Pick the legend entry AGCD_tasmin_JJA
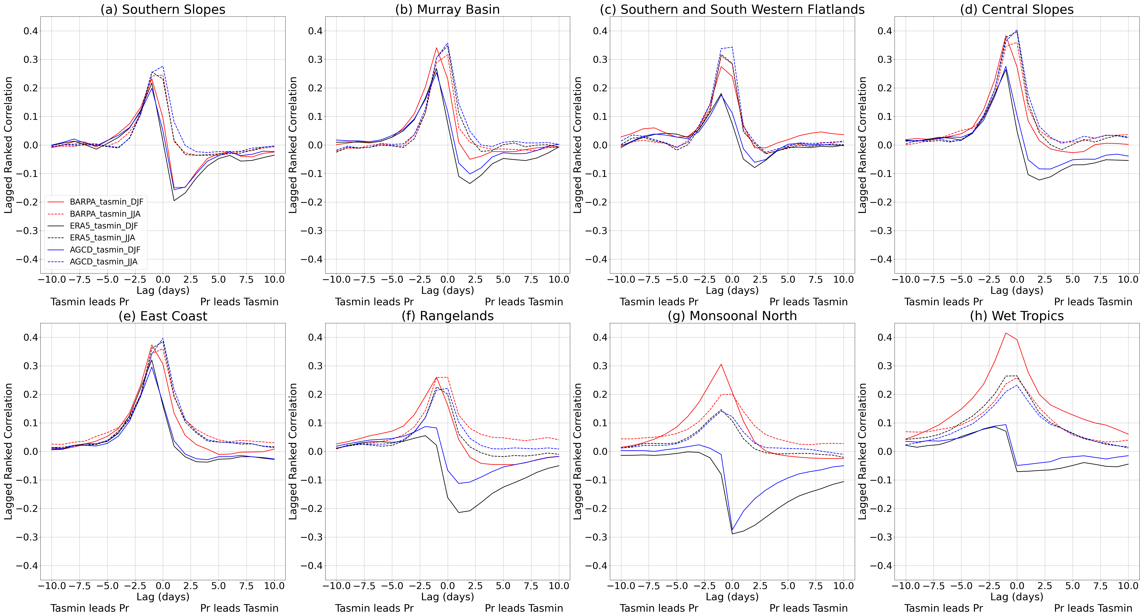coord(103,262)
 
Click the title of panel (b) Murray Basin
coord(447,9)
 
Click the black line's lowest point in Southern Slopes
coord(174,201)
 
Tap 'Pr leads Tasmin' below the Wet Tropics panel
coord(1093,608)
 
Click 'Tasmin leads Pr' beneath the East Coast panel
coord(90,608)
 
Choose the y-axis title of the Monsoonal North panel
coord(577,451)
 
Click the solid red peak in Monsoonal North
coord(721,364)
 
